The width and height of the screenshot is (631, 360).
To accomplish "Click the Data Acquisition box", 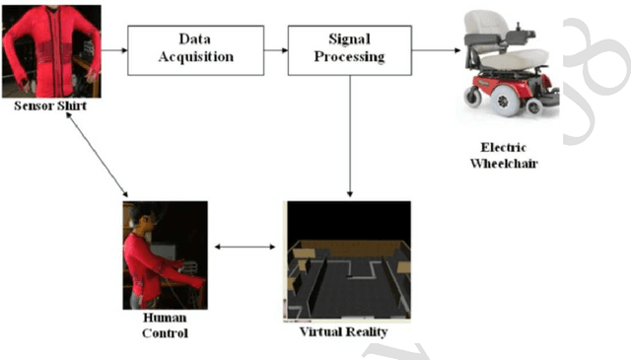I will [195, 49].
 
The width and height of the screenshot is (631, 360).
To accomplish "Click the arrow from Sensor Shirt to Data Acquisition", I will [114, 49].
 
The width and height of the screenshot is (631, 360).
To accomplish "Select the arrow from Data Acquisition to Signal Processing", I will [275, 49].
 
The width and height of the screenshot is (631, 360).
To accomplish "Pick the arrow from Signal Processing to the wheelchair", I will [438, 49].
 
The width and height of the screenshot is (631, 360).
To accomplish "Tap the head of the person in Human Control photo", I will [142, 216].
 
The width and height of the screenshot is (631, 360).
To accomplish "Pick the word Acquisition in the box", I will [195, 57].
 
